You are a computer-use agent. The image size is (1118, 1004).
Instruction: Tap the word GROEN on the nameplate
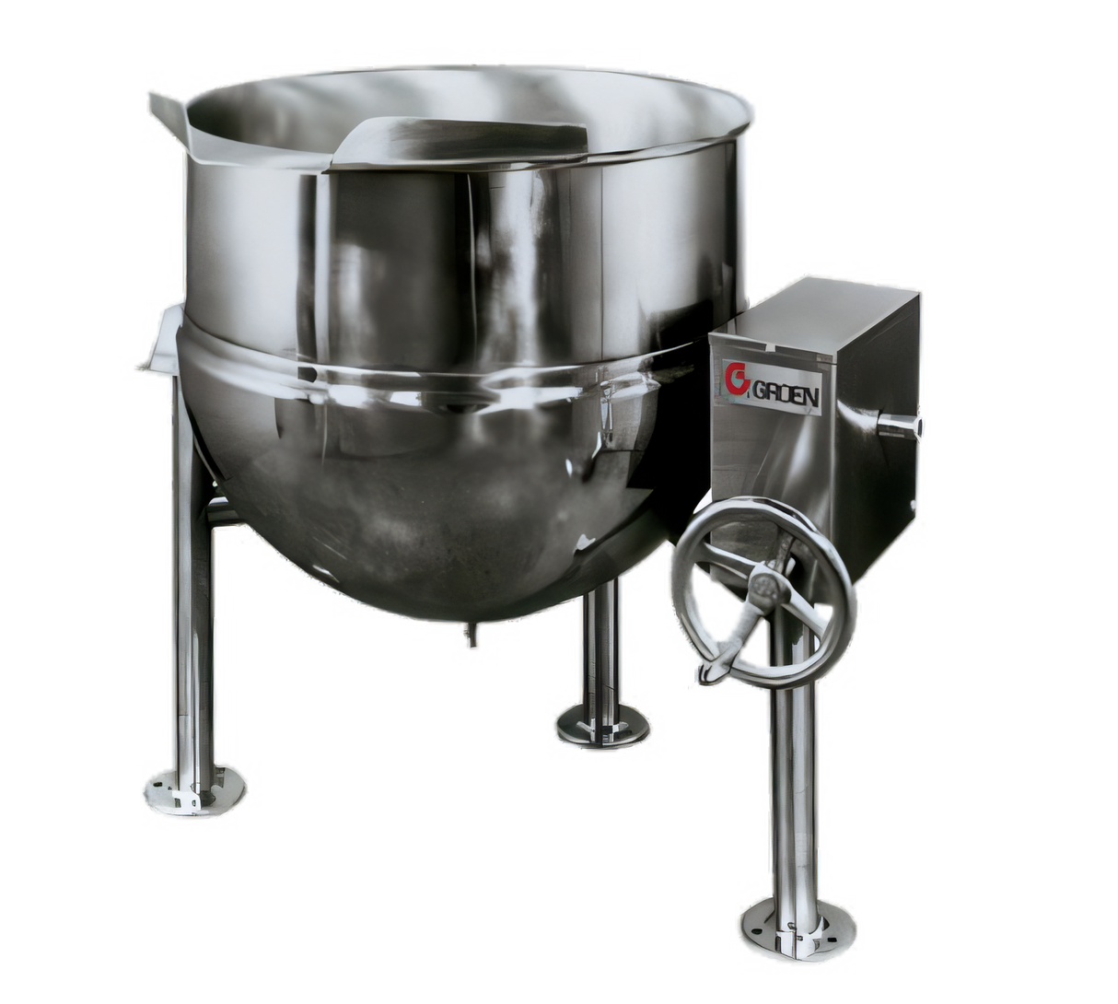[786, 393]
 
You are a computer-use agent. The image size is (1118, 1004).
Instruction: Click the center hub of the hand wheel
[763, 583]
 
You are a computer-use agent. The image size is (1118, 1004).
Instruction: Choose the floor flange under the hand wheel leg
[798, 919]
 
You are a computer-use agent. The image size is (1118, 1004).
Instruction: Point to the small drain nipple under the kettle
[470, 635]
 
